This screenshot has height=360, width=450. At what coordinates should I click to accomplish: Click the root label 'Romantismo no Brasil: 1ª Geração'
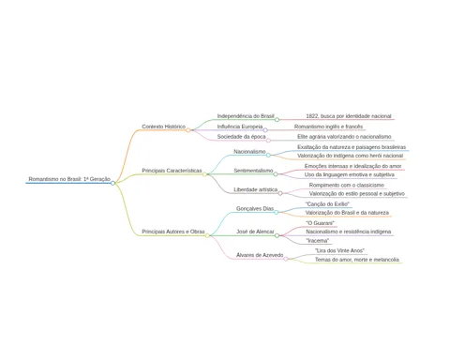pyautogui.click(x=69, y=179)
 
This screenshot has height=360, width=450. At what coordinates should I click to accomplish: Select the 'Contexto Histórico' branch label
pyautogui.click(x=163, y=127)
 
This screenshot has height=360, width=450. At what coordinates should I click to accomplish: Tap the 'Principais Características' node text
pyautogui.click(x=172, y=171)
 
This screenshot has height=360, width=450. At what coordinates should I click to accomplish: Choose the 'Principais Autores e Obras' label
pyautogui.click(x=173, y=232)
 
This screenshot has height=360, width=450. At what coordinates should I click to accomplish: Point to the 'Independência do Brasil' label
pyautogui.click(x=246, y=116)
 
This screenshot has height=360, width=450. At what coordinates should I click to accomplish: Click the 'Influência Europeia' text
pyautogui.click(x=240, y=127)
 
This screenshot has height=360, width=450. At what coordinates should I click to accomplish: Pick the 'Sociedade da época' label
pyautogui.click(x=241, y=137)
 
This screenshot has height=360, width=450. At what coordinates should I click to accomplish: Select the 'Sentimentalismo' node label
pyautogui.click(x=253, y=171)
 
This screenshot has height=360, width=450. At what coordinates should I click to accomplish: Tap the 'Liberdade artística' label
pyautogui.click(x=256, y=189)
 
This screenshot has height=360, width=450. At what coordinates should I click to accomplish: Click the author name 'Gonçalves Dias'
pyautogui.click(x=255, y=208)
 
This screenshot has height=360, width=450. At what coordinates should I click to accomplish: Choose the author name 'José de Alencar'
pyautogui.click(x=255, y=232)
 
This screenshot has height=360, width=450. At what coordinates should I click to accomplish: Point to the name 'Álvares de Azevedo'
pyautogui.click(x=260, y=255)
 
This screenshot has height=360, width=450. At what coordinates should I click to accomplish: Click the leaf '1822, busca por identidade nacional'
pyautogui.click(x=349, y=116)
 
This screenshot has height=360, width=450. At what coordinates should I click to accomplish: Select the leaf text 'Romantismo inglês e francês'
pyautogui.click(x=328, y=127)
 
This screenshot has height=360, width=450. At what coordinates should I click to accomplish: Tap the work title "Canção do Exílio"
pyautogui.click(x=327, y=204)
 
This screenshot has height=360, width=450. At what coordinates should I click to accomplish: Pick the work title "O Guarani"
pyautogui.click(x=321, y=223)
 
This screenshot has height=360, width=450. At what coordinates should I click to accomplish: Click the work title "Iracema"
pyautogui.click(x=318, y=241)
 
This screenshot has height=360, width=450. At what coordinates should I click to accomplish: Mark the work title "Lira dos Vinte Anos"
pyautogui.click(x=339, y=250)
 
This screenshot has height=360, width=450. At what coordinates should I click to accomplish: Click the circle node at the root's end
pyautogui.click(x=112, y=183)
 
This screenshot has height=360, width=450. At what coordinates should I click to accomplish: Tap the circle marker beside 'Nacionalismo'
pyautogui.click(x=268, y=156)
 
